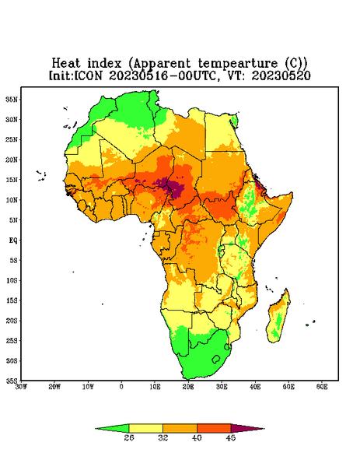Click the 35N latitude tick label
(x=12, y=99)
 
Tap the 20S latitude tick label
(x=12, y=321)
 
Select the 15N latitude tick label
(x=12, y=180)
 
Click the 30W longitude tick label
(x=21, y=387)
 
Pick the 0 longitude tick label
(x=121, y=387)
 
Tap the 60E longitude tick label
(x=322, y=387)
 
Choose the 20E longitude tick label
(x=188, y=387)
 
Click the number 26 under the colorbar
(x=129, y=437)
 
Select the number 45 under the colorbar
(x=231, y=437)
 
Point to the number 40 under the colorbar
(x=197, y=437)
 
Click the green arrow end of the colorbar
(x=112, y=428)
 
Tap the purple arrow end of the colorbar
(x=247, y=428)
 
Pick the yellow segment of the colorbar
(x=145, y=428)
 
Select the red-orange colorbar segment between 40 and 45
(x=214, y=428)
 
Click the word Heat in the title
(x=66, y=63)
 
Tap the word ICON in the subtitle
(x=89, y=75)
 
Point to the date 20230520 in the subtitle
(x=281, y=75)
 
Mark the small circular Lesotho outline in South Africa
(x=216, y=359)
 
